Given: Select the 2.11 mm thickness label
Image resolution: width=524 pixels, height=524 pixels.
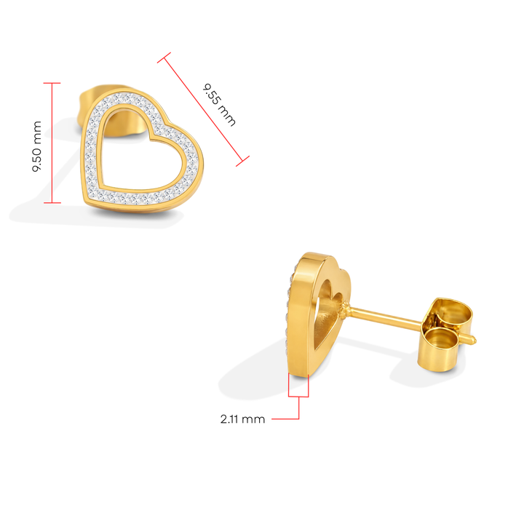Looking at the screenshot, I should click(x=243, y=419).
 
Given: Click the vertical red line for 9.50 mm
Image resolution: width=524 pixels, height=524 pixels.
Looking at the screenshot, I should click(x=52, y=143).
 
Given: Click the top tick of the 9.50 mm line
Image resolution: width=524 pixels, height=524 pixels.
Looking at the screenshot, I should click(x=52, y=83).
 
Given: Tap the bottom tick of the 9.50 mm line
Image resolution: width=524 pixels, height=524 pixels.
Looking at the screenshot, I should click(x=52, y=202).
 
